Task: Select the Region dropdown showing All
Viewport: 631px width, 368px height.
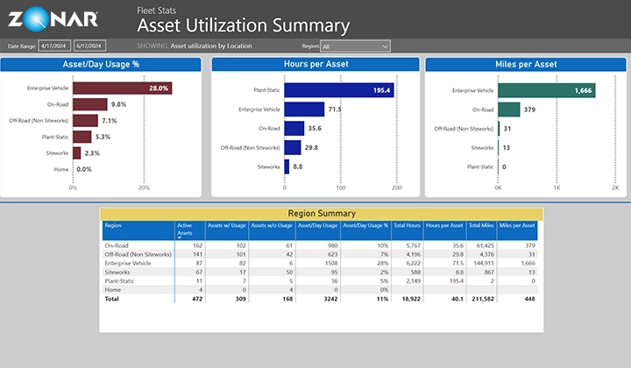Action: (355, 46)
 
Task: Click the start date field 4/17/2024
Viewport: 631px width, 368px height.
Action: (54, 46)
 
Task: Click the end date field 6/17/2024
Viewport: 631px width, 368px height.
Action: (90, 46)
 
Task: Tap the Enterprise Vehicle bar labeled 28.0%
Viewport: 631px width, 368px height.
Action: (122, 88)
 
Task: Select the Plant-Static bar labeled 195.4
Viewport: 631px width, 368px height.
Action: (339, 90)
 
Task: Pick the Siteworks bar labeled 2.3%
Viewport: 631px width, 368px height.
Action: (76, 152)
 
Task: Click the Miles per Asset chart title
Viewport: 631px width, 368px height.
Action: (526, 64)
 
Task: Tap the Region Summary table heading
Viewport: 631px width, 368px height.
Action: (322, 213)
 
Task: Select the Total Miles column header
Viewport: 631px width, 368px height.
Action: (480, 225)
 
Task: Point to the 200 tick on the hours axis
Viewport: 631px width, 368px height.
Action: (396, 188)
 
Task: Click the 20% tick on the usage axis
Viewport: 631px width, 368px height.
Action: (141, 188)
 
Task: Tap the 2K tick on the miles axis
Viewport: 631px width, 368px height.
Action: (613, 188)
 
